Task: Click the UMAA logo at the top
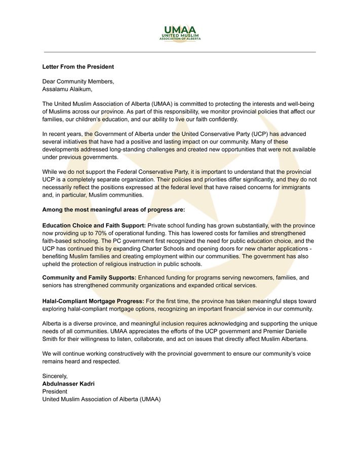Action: [180, 33]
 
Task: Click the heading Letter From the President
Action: [78, 67]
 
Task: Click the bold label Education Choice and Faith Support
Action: [94, 225]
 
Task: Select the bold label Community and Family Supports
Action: [89, 278]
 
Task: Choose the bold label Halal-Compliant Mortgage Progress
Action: [93, 301]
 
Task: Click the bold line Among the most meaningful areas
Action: [113, 209]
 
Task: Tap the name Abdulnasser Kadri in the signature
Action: [68, 384]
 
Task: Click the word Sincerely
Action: [55, 376]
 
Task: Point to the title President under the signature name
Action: [55, 392]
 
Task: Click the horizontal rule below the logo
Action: [180, 52]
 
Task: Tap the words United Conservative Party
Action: [212, 134]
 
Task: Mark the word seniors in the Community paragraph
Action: [52, 286]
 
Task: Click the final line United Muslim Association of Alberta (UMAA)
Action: [101, 399]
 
